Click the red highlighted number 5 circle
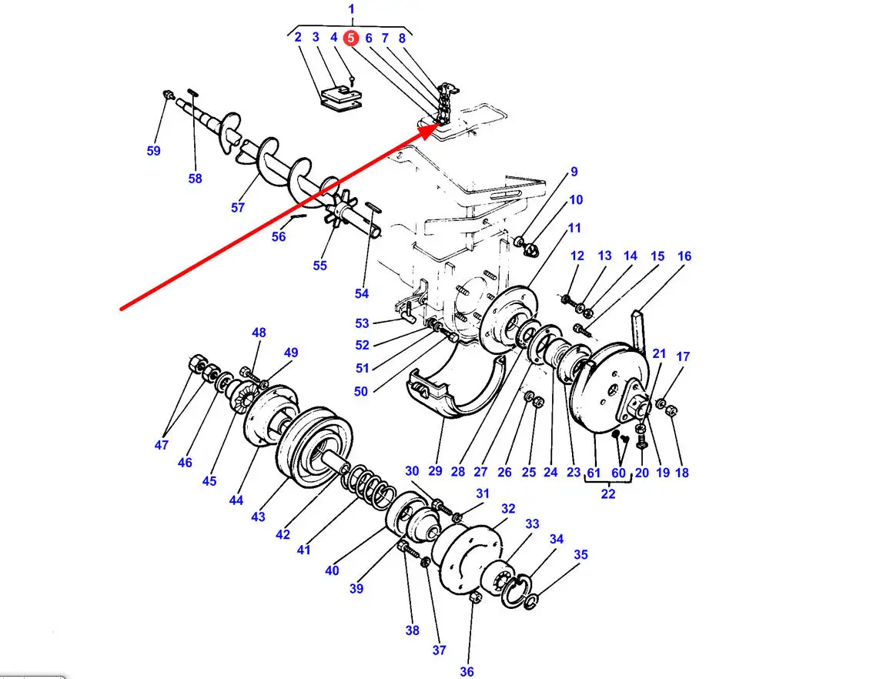(x=351, y=38)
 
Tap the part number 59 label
(x=154, y=151)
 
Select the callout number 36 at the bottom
(x=467, y=672)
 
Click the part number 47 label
(x=162, y=445)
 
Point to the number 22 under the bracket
(x=608, y=493)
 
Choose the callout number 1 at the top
(x=351, y=9)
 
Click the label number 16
(x=684, y=256)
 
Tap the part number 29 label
(x=436, y=471)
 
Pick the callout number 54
(x=362, y=293)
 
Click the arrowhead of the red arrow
(x=430, y=132)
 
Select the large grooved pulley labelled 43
(x=314, y=447)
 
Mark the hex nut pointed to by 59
(x=168, y=95)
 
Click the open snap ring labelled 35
(x=531, y=601)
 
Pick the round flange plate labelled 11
(x=509, y=319)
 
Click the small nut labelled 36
(x=475, y=597)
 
